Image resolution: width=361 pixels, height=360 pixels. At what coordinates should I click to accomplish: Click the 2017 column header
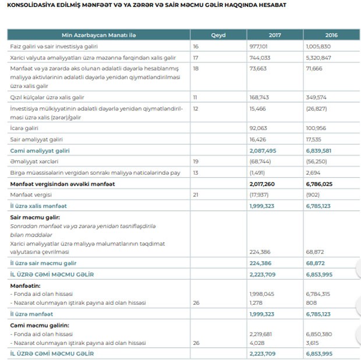pos(275,35)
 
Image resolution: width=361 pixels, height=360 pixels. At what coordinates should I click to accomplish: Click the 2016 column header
pos(331,35)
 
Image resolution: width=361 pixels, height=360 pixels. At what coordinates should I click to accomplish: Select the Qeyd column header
pos(218,35)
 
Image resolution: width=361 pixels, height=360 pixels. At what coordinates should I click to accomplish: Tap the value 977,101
pos(259,45)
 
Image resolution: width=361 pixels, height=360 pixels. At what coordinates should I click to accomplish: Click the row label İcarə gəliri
pos(24,128)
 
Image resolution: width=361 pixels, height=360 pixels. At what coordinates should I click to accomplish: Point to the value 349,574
pos(317,97)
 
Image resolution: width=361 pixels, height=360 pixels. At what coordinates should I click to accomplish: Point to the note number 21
pos(196,195)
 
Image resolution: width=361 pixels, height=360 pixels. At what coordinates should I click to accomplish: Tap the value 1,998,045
pos(261,294)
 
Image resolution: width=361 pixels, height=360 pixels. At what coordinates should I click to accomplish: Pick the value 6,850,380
pos(319,334)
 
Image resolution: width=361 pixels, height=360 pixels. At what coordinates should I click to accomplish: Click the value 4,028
pos(256,343)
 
